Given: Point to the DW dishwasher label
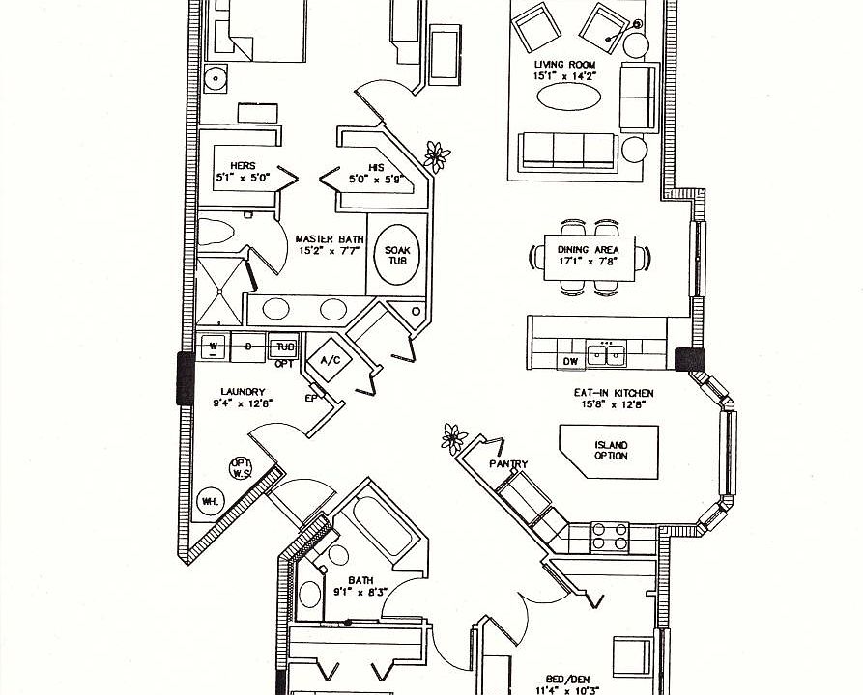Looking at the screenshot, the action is pyautogui.click(x=571, y=361).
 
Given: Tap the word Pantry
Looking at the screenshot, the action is pyautogui.click(x=508, y=464).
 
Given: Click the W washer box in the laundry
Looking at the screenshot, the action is pyautogui.click(x=214, y=347).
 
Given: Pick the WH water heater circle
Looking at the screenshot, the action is pyautogui.click(x=209, y=500).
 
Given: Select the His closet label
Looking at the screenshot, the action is pyautogui.click(x=363, y=166).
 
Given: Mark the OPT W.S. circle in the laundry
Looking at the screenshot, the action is pyautogui.click(x=240, y=468).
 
